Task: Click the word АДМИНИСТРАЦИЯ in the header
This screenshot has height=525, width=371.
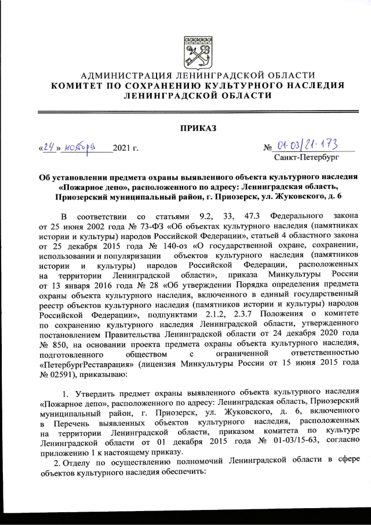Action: (x=123, y=76)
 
